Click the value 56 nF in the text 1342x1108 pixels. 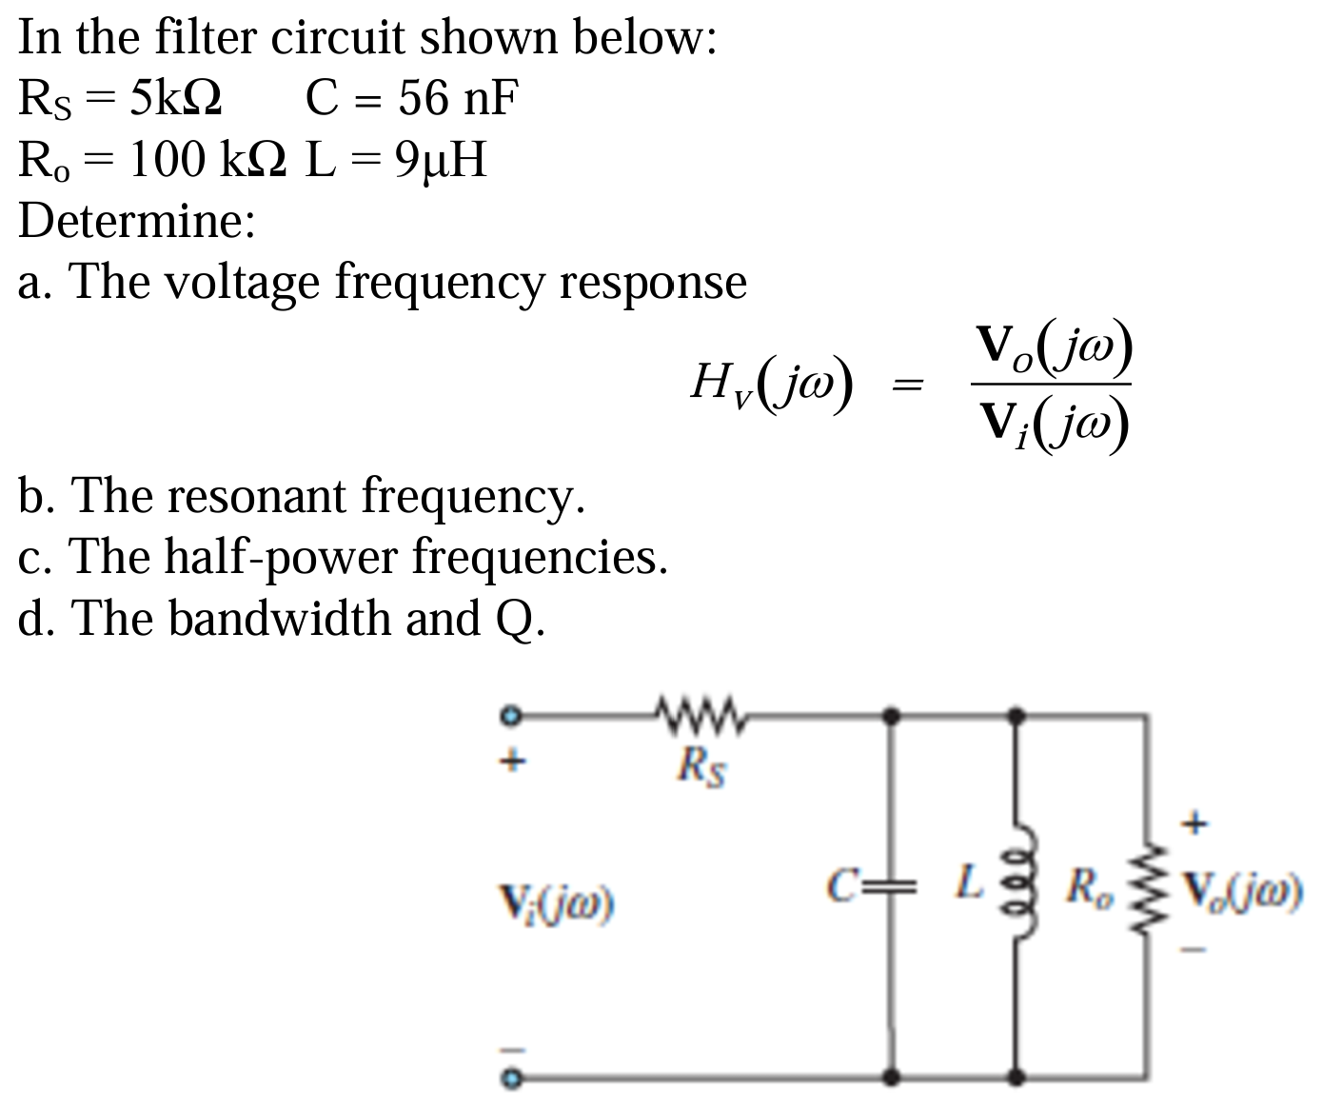coord(459,98)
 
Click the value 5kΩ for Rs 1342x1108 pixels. coord(176,98)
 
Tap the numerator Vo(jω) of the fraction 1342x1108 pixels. coord(1053,349)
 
